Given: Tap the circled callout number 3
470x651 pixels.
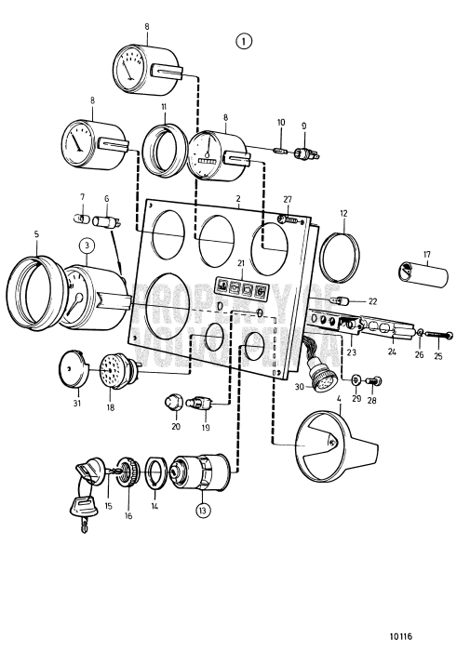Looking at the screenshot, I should click(x=86, y=245).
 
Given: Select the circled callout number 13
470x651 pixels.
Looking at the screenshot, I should click(x=203, y=509).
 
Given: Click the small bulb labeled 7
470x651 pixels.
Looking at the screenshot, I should click(x=80, y=219).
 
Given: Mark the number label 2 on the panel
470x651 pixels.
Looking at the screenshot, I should click(x=238, y=199).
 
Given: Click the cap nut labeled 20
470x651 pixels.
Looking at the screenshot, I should click(x=173, y=402).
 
